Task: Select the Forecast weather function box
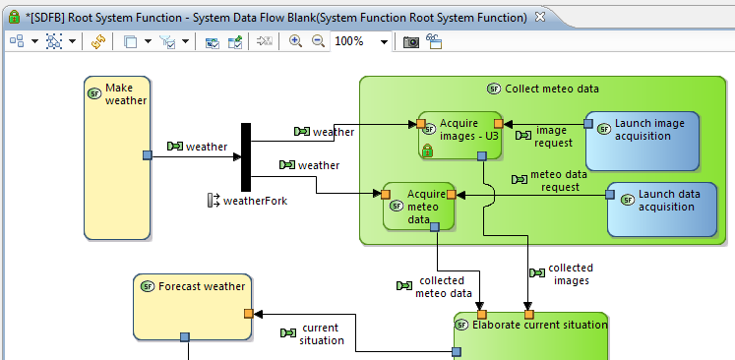tap(192, 305)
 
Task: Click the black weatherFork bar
tap(246, 157)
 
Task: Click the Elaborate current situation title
tap(539, 324)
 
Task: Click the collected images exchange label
tap(570, 273)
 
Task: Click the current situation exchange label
tap(322, 333)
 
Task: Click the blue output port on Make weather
tap(147, 155)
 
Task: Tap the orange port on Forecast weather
tap(249, 314)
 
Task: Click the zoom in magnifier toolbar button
tap(295, 41)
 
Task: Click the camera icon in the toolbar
tap(411, 41)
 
